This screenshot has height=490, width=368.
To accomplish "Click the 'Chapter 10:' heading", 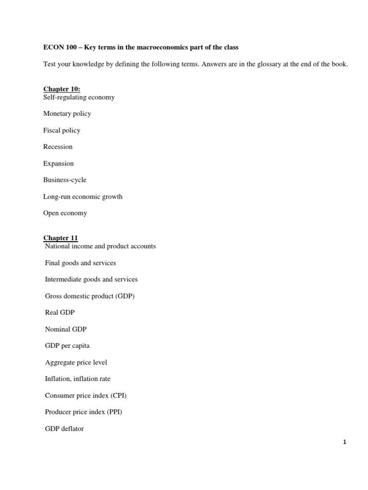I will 62,89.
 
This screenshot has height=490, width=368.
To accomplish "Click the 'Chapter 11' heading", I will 60,238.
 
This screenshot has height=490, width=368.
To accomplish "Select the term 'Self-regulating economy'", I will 79,97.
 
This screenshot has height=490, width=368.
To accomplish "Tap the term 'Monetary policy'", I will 67,114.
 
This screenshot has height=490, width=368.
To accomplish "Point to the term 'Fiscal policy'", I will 62,130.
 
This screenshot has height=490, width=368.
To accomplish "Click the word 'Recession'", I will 58,147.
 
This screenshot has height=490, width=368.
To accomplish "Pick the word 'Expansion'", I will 58,164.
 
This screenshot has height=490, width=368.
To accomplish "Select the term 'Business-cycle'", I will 65,180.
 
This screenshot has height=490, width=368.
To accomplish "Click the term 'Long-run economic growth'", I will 83,197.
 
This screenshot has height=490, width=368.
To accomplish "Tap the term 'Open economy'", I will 65,213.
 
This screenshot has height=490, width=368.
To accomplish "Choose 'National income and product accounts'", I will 100,246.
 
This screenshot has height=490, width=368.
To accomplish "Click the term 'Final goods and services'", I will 80,263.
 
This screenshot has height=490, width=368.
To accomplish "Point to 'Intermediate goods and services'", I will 91,279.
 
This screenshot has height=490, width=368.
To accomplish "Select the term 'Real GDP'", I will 60,312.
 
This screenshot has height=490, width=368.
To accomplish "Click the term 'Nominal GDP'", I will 66,329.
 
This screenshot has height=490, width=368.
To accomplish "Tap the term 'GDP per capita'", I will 67,346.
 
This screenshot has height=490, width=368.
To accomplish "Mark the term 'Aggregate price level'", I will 76,363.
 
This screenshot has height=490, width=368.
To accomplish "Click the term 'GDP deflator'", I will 64,429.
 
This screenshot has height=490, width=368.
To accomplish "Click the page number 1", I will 345,443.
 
